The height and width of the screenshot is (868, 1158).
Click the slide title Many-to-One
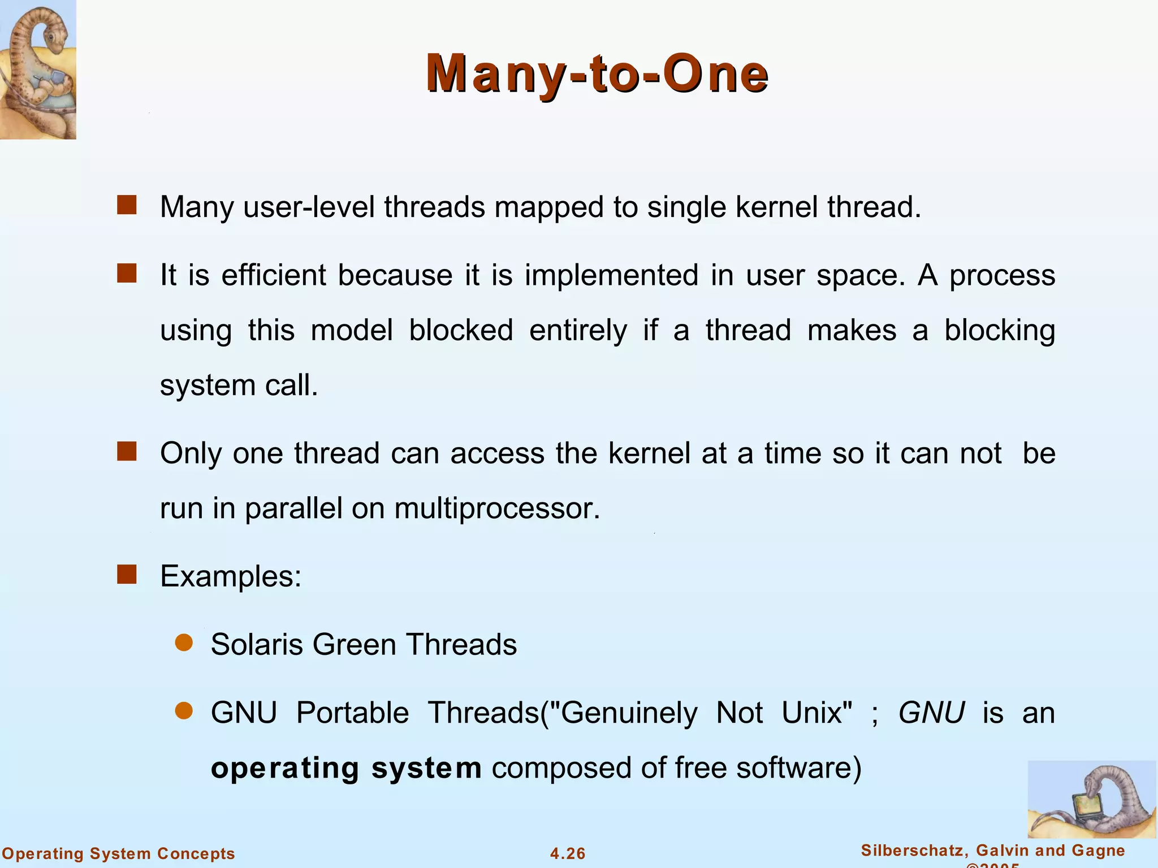pos(597,73)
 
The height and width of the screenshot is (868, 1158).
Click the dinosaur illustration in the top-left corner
pos(38,69)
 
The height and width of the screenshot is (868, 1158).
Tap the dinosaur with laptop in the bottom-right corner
pos(1091,799)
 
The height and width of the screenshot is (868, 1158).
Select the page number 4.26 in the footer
pos(568,853)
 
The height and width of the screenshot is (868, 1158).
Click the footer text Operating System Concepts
pos(119,853)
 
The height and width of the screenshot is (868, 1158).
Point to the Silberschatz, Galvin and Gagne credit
pos(993,850)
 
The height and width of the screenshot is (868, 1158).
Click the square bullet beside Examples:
pos(127,575)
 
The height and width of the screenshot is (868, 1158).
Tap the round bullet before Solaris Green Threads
pos(184,643)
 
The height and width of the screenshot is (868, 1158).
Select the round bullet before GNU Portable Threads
pos(184,710)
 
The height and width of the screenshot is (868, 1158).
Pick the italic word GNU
pos(931,712)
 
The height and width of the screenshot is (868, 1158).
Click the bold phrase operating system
pos(346,768)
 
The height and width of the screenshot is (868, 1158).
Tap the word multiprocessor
pos(496,509)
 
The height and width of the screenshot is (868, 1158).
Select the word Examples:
pos(231,577)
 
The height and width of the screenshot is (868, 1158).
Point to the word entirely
pos(578,331)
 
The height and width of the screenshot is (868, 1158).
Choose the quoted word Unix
pos(816,712)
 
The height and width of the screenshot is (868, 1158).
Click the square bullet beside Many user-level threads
pos(127,205)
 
